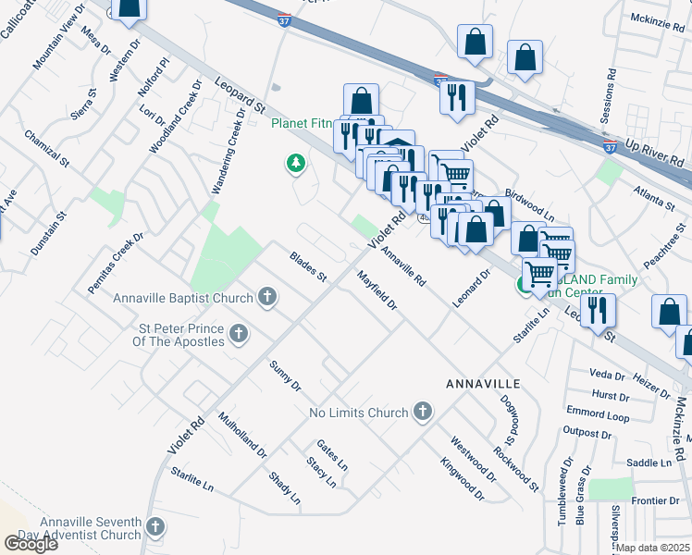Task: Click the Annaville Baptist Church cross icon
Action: [267, 298]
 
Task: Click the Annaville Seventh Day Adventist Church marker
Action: [155, 528]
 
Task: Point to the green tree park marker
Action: [295, 164]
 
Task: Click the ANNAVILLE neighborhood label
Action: [483, 383]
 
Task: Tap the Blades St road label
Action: [308, 267]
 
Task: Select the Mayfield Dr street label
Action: [377, 290]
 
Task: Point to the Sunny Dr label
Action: [285, 374]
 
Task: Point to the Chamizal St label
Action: [48, 149]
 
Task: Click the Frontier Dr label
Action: [655, 500]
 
